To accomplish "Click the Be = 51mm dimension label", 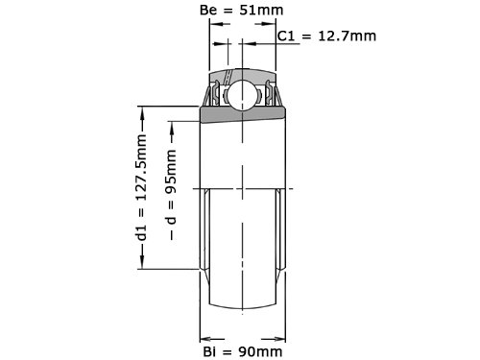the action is pos(242,11).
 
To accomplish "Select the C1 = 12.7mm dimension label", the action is pos(326,36).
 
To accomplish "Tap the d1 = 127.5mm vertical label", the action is pos(141,187).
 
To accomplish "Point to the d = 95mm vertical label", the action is pos(172,195).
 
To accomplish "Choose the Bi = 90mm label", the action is pos(243,352).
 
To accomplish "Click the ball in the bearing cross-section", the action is pos(242,95).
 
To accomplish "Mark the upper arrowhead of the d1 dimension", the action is pos(142,113).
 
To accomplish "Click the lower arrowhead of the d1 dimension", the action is pos(142,262).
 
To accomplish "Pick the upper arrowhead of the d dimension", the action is pos(172,128).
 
